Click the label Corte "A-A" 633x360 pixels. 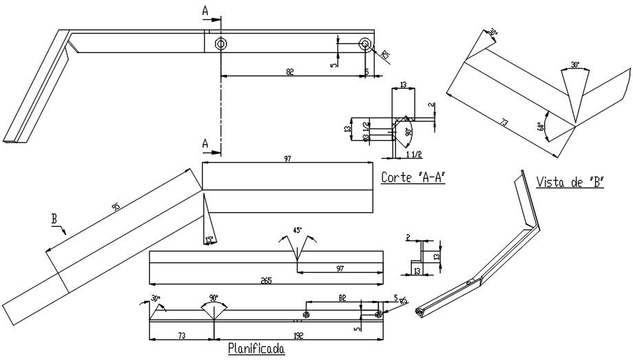tap(414, 177)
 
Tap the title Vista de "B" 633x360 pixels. tap(569, 182)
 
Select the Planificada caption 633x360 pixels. tap(256, 349)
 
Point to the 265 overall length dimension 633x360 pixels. tap(265, 279)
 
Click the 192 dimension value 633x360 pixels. tap(298, 336)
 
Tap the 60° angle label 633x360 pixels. tap(541, 125)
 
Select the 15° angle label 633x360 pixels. tap(208, 240)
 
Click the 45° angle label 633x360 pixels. tap(297, 232)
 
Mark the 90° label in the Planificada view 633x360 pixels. tap(213, 297)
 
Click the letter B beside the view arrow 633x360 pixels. tap(54, 220)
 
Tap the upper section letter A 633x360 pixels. tap(204, 10)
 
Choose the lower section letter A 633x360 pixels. tap(204, 143)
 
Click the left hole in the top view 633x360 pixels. tap(221, 44)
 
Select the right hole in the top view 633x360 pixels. tap(365, 44)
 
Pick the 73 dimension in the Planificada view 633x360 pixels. tap(181, 336)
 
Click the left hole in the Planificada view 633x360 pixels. tap(306, 314)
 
